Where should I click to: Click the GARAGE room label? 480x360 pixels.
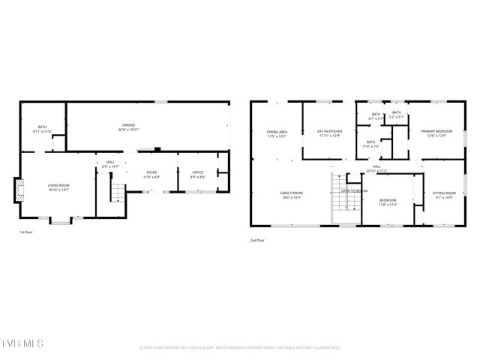click(x=128, y=124)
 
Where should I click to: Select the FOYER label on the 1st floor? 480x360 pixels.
click(x=151, y=172)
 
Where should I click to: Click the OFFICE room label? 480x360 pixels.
click(x=197, y=172)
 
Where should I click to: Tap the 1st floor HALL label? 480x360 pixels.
click(x=110, y=162)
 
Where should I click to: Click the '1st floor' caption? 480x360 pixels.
click(x=25, y=232)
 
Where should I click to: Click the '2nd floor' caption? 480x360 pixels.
click(x=257, y=240)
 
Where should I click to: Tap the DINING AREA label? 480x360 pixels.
click(x=277, y=132)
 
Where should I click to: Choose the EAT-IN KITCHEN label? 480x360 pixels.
click(x=330, y=131)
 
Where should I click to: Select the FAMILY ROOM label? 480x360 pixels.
click(x=291, y=193)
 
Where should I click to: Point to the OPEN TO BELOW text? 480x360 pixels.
click(x=354, y=190)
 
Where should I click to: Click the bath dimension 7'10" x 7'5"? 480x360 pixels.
click(x=370, y=146)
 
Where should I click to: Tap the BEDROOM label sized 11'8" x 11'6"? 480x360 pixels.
click(x=387, y=200)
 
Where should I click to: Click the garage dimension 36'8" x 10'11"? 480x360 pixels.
click(x=128, y=130)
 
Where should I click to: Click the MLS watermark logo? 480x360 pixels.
click(x=22, y=343)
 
